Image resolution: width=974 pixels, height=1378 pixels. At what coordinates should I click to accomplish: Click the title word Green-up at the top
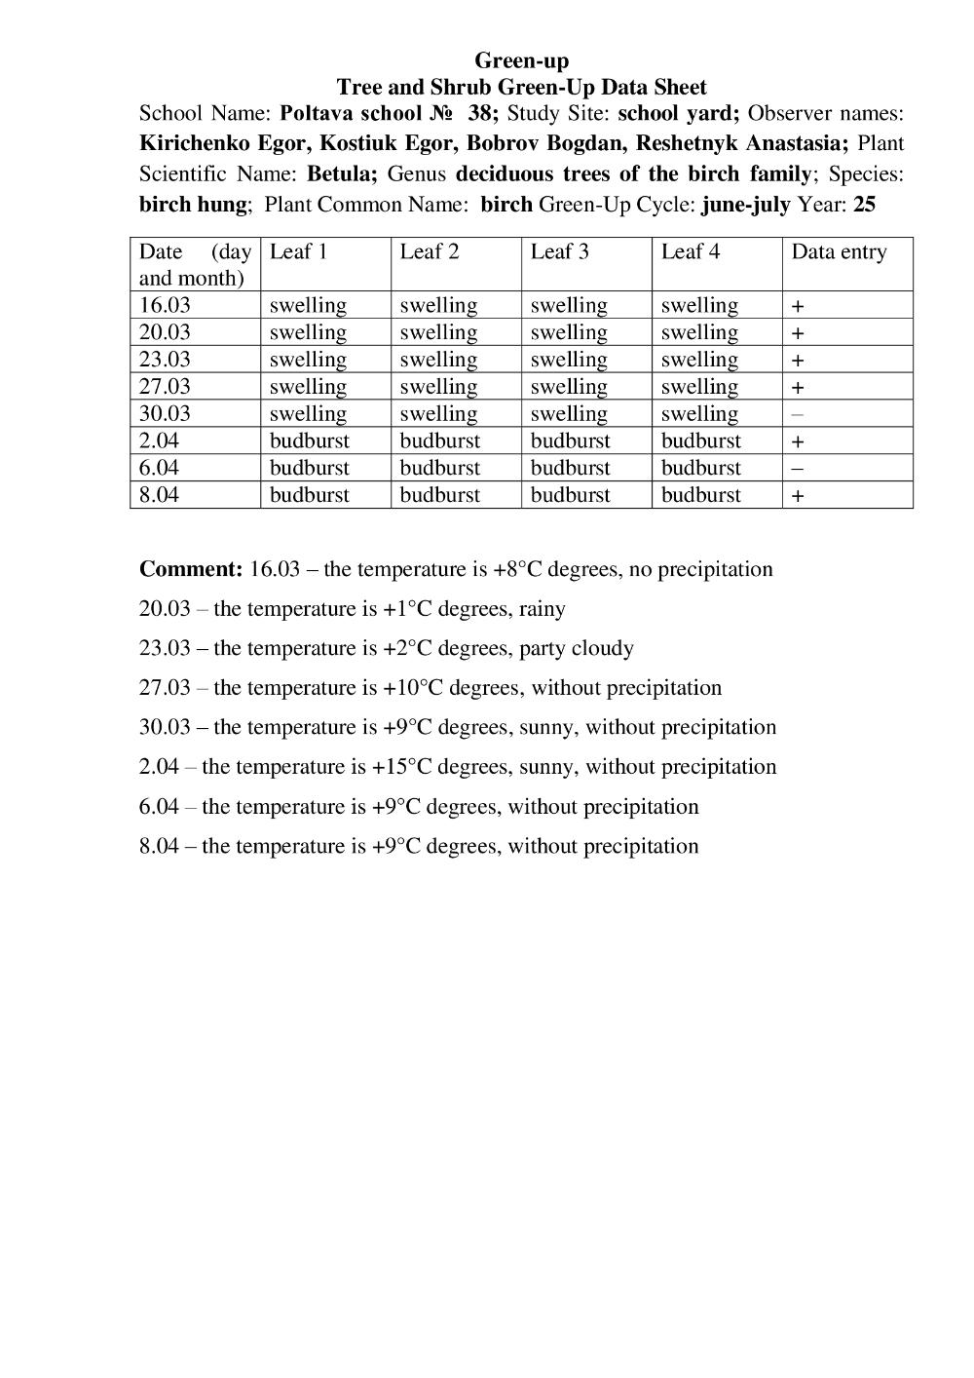(521, 60)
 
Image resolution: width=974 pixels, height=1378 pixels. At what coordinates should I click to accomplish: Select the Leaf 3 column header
(559, 251)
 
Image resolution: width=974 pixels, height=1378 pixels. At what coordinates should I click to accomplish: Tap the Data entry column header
(839, 251)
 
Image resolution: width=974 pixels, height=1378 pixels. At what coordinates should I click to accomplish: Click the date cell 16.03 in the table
(165, 305)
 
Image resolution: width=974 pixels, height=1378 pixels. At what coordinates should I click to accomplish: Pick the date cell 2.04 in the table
(159, 440)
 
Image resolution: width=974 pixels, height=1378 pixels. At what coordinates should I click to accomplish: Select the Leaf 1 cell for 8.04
(309, 495)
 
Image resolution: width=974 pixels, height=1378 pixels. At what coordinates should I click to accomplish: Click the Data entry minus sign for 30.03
(798, 414)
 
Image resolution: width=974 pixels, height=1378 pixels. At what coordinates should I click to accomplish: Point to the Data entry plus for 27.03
(798, 387)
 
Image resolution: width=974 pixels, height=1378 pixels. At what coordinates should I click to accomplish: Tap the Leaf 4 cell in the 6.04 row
(700, 468)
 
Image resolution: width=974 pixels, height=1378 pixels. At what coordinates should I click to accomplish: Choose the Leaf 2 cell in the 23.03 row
(438, 360)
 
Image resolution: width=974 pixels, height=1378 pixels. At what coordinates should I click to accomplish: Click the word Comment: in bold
(191, 569)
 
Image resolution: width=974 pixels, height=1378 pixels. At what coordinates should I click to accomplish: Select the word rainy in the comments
(542, 609)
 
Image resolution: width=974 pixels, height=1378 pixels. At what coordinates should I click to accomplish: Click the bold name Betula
(341, 174)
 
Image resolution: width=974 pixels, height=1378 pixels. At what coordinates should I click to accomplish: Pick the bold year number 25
(864, 205)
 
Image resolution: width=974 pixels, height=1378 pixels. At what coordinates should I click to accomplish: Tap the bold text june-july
(745, 205)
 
